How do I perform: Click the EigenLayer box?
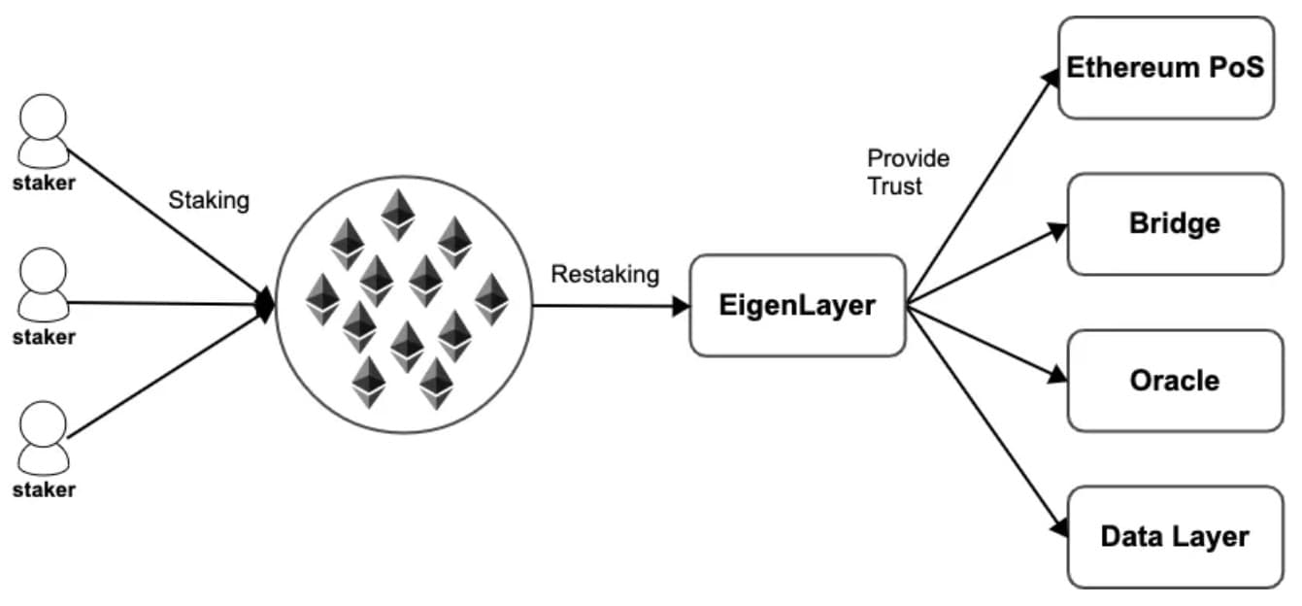tap(797, 305)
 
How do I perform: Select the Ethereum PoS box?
tap(1165, 67)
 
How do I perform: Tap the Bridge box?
tap(1175, 223)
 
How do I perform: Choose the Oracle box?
tap(1175, 380)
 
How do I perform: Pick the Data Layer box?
tap(1175, 536)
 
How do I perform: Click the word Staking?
tap(209, 201)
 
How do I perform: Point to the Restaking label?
tap(605, 275)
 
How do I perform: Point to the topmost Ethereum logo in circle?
tap(397, 214)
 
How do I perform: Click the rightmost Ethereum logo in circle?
tap(491, 298)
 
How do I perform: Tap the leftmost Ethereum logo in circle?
tap(322, 298)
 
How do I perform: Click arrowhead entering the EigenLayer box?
tap(681, 306)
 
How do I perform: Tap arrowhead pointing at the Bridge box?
tap(1058, 231)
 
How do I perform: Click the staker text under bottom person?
tap(44, 489)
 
